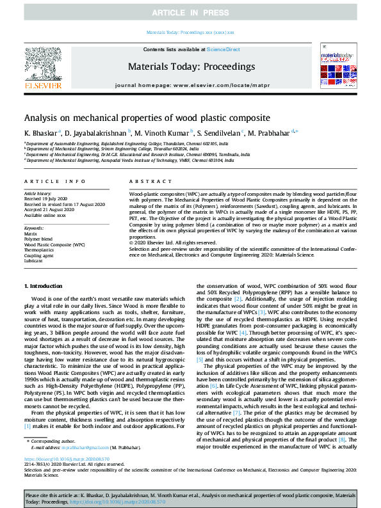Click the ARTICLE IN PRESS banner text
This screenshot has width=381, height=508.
(190, 13)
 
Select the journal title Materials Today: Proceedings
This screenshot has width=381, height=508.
(191, 67)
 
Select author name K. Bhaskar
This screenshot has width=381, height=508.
(40, 132)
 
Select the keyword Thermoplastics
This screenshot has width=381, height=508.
(39, 250)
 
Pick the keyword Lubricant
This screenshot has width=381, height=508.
(34, 260)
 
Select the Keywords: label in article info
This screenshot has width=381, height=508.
(34, 228)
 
